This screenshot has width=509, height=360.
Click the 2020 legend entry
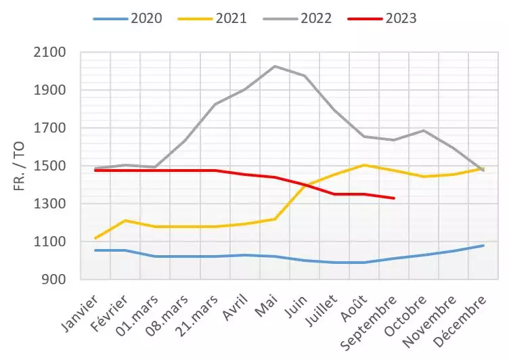tap(128, 18)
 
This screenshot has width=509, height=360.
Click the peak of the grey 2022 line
tap(275, 66)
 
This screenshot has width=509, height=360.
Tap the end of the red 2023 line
tap(394, 198)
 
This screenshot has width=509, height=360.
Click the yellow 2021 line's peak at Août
tap(365, 165)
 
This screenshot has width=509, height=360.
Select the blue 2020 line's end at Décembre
tap(483, 246)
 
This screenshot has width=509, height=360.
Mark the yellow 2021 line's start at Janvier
tap(95, 238)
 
